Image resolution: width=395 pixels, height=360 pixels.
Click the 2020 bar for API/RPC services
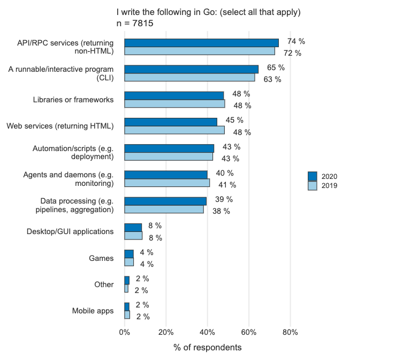click(201, 43)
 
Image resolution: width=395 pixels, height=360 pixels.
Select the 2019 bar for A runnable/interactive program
click(189, 77)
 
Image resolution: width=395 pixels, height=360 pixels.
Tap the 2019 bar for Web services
click(174, 130)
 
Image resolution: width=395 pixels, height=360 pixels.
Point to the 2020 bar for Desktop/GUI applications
click(133, 227)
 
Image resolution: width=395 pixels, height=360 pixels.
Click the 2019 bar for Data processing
click(164, 209)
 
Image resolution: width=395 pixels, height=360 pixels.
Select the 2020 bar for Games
click(129, 254)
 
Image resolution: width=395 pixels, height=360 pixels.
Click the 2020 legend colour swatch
click(313, 176)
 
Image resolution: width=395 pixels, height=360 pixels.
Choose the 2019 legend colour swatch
click(313, 185)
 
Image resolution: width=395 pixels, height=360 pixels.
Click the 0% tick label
click(124, 332)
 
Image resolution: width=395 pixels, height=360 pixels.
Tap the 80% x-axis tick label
click(290, 332)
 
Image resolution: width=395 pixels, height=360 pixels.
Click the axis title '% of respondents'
click(207, 348)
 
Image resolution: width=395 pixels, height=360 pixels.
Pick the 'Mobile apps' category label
click(93, 311)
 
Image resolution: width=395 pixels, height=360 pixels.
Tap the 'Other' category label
click(104, 284)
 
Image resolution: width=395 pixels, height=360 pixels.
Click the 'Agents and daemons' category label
click(69, 179)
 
